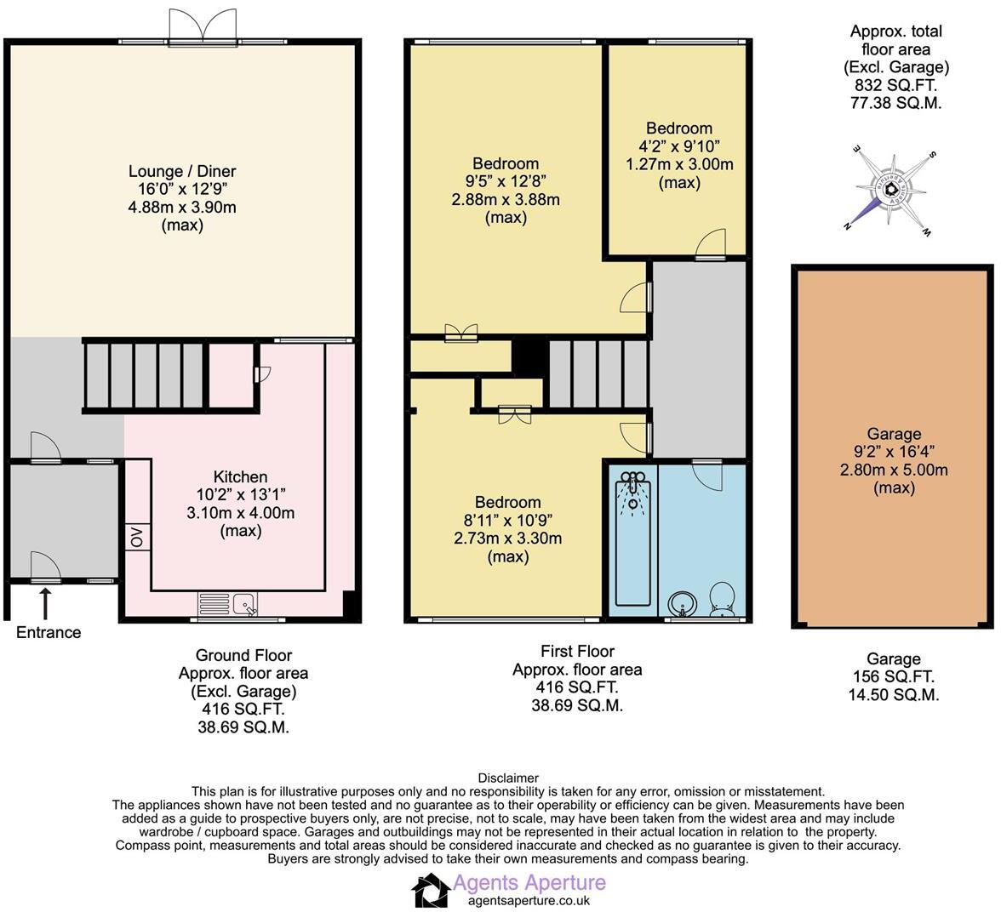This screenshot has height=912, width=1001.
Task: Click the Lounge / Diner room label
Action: point(182,171)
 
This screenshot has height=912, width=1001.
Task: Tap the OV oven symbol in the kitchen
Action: point(136,537)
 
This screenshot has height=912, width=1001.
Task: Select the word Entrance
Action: point(49,632)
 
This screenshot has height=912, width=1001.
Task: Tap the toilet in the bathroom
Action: point(723,599)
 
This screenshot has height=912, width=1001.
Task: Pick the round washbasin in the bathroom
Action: point(681,604)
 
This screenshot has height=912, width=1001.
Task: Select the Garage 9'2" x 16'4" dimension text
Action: point(894,452)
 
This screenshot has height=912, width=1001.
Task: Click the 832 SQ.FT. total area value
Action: point(895,85)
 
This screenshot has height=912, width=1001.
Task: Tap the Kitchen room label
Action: point(240,477)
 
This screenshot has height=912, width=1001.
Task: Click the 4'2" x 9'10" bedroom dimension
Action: point(678,146)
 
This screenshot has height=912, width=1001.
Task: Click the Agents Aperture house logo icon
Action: point(431,891)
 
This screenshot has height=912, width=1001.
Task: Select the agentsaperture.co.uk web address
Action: point(529,900)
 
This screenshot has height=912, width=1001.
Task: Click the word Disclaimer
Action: point(508,778)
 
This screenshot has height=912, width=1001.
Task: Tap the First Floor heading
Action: point(577,652)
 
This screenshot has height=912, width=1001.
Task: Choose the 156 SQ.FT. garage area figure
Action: point(893,677)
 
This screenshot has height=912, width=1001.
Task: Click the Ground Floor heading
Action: point(243,655)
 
